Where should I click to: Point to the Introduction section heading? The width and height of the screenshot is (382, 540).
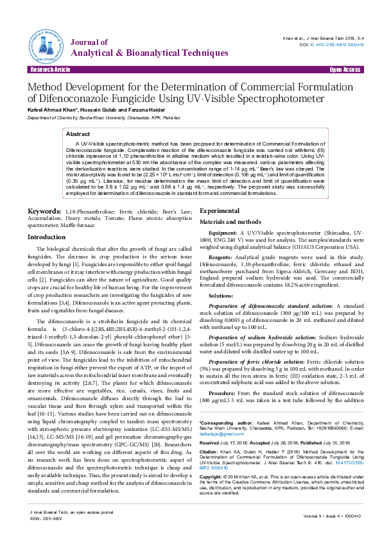[46, 219]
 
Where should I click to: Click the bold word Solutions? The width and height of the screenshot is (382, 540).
[221, 278]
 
